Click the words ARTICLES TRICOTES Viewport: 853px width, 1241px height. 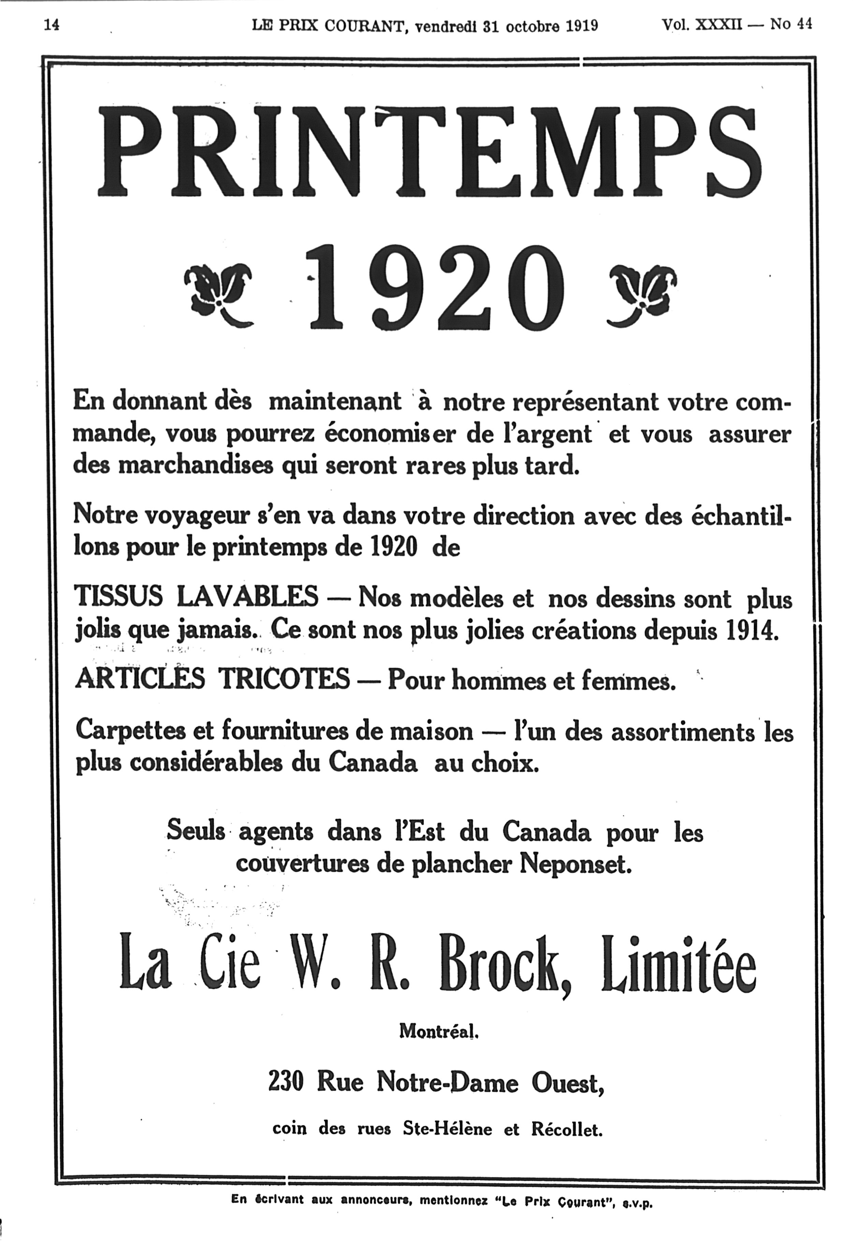click(213, 680)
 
